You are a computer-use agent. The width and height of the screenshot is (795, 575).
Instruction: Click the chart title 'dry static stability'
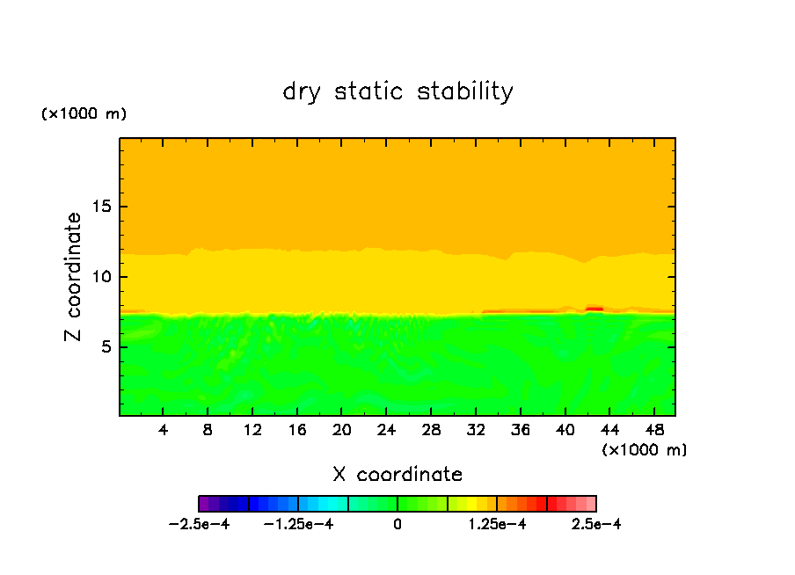point(397,91)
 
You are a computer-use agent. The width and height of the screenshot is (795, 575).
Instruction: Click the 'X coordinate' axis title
point(397,475)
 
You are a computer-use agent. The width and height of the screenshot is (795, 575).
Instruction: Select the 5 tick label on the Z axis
point(104,346)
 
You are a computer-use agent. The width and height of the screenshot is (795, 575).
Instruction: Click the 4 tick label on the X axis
point(164,430)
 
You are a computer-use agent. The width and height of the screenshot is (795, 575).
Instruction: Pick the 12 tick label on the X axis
point(252,430)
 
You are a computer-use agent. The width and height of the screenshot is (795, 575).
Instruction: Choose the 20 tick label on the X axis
point(341,430)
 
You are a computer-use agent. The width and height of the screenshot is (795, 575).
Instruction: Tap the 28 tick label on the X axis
point(430,430)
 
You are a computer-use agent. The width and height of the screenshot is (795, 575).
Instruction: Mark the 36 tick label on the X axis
point(520,430)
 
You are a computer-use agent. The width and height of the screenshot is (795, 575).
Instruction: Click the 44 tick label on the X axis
point(609,430)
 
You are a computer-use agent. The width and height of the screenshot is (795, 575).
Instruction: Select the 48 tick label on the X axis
point(653,430)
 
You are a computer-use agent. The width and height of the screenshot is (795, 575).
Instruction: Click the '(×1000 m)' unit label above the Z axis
point(84,114)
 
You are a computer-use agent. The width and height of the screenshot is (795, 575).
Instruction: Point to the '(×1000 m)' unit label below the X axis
point(645,449)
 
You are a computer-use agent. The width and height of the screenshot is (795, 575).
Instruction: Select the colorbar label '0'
point(397,525)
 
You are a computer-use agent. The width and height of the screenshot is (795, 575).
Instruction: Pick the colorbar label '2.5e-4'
point(596,525)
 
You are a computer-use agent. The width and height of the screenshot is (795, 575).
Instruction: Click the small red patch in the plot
point(594,309)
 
